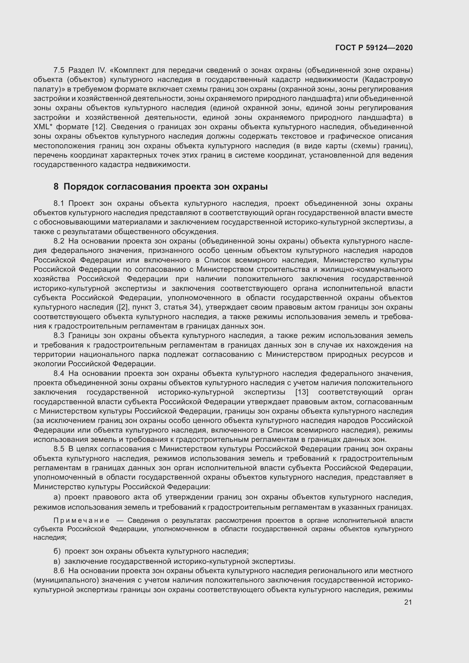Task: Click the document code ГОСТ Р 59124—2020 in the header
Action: coord(374,48)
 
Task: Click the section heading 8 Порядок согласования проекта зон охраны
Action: coord(160,187)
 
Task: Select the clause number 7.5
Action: coord(59,70)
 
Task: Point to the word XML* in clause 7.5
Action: coord(43,127)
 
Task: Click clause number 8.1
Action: coord(59,203)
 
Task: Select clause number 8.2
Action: coord(59,241)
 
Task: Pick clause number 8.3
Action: coord(59,335)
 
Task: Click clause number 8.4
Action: coord(59,373)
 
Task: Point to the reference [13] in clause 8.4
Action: coord(302,392)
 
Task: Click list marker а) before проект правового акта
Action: coord(57,497)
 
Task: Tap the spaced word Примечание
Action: coord(81,520)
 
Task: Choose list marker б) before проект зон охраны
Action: coord(57,551)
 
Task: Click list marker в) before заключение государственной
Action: coord(57,561)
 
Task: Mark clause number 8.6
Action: coord(59,571)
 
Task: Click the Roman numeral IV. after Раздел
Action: coord(103,70)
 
